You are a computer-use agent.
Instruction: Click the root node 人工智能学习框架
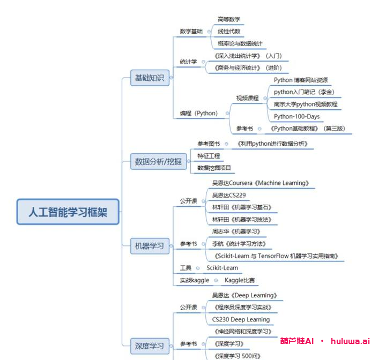click(x=68, y=212)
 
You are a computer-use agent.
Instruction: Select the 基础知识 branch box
click(x=150, y=78)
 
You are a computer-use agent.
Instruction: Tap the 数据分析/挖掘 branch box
click(x=158, y=161)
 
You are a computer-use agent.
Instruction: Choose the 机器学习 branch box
click(x=150, y=246)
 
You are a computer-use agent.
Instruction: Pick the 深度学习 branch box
click(x=150, y=346)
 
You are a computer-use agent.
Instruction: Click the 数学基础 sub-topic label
click(x=191, y=31)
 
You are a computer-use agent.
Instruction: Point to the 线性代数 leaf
click(x=229, y=31)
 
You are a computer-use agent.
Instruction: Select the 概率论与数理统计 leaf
click(x=240, y=43)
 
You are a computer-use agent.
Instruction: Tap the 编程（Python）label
click(x=199, y=113)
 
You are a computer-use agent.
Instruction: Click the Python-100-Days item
click(x=296, y=116)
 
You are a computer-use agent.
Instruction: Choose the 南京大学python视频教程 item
click(x=306, y=104)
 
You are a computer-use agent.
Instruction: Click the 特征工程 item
click(x=208, y=156)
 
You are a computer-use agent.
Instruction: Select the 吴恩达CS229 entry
click(x=229, y=195)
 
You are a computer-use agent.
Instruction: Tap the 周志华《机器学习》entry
click(x=236, y=231)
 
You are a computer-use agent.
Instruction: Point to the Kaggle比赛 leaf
click(x=240, y=280)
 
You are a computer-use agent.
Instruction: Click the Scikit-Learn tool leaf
click(x=222, y=268)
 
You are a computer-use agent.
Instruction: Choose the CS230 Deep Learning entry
click(x=241, y=319)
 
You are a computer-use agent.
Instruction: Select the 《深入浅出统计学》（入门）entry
click(x=247, y=56)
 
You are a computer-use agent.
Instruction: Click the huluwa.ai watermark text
click(x=350, y=341)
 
